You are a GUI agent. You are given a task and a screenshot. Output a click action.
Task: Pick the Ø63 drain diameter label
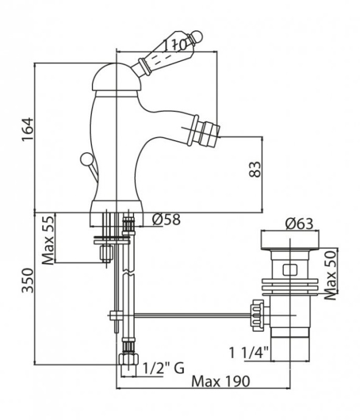coord(298,223)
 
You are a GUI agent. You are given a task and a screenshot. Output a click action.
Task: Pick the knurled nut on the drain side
coord(258,315)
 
